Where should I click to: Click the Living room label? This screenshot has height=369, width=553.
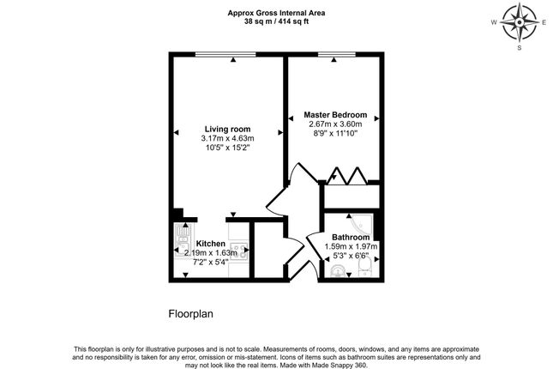tap(227, 130)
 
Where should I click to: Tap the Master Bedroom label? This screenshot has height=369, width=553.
tap(335, 115)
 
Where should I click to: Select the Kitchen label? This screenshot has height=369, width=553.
tap(211, 244)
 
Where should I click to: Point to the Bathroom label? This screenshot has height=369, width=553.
tap(351, 238)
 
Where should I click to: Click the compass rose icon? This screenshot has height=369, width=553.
tap(520, 22)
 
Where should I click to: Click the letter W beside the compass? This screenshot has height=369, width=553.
tap(494, 22)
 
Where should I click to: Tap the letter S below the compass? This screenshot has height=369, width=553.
tap(520, 48)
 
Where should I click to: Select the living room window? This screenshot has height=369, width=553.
tap(225, 54)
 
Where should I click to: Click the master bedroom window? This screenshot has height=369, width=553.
tap(337, 54)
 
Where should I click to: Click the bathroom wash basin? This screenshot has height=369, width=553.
tap(338, 271)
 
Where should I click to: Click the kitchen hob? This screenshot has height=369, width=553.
tap(239, 251)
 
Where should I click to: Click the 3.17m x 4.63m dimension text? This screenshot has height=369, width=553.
tap(227, 138)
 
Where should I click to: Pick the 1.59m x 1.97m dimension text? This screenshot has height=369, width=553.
tap(351, 246)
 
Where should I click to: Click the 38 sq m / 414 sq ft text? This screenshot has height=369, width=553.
tap(276, 21)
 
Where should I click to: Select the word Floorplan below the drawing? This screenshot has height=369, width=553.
tap(191, 314)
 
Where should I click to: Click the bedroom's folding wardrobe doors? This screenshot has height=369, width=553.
tap(347, 176)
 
